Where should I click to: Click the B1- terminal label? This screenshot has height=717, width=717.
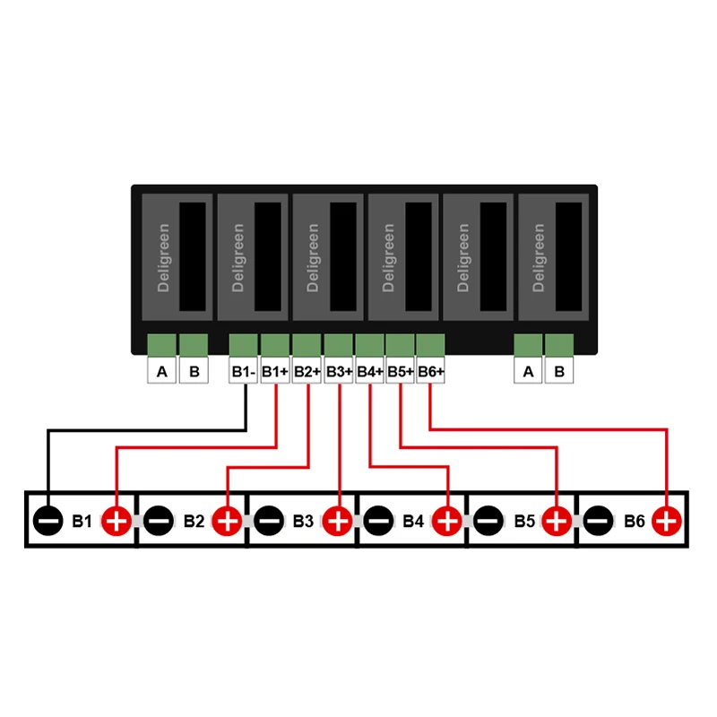pyautogui.click(x=244, y=371)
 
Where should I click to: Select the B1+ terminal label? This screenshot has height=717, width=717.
pyautogui.click(x=275, y=371)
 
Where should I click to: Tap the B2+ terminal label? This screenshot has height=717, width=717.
pyautogui.click(x=307, y=371)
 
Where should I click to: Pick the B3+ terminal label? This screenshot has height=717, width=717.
pyautogui.click(x=338, y=371)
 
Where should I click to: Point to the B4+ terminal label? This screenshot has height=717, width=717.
pyautogui.click(x=369, y=371)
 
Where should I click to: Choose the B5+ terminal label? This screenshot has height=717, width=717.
pyautogui.click(x=401, y=371)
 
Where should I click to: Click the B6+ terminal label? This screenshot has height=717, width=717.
pyautogui.click(x=431, y=371)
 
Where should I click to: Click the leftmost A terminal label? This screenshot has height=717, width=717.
pyautogui.click(x=161, y=371)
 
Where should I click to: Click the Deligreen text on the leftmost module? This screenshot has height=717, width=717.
pyautogui.click(x=163, y=257)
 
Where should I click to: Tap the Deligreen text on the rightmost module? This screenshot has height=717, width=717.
pyautogui.click(x=539, y=257)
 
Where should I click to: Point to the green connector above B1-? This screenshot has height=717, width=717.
pyautogui.click(x=244, y=345)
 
